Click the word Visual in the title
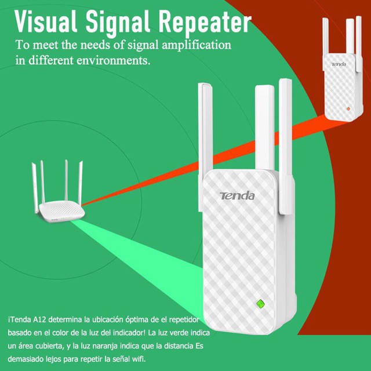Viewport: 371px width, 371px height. coord(47,21)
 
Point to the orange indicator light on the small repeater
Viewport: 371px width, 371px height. coord(346,108)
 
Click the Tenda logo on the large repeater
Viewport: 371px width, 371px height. coord(237,195)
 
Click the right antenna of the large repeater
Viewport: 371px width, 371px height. coord(285,145)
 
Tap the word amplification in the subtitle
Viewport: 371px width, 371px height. coord(198,45)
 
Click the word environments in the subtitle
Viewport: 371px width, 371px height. coord(109,60)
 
